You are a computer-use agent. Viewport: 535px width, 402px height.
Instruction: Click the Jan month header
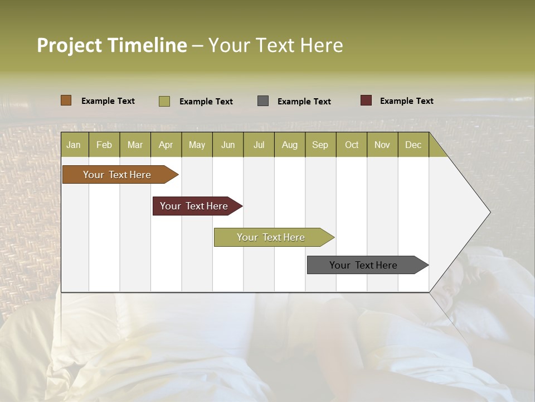point(74,145)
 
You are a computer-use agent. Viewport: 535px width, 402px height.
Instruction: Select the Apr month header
point(166,145)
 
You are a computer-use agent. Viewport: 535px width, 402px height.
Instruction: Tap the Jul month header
point(259,145)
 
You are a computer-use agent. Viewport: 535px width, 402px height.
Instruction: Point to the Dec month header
point(413,145)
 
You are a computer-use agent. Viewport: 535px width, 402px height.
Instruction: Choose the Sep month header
point(320,145)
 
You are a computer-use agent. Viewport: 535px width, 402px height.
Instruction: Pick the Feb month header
point(104,145)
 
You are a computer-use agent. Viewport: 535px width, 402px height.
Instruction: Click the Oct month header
point(352,145)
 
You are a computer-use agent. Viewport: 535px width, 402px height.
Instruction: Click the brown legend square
point(66,100)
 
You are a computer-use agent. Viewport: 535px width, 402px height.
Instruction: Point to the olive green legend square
point(164,101)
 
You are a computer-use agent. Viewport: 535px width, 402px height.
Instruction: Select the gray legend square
point(263,101)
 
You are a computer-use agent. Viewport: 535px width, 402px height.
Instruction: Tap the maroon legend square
point(366,100)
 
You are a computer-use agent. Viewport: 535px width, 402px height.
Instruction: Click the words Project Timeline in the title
point(111,45)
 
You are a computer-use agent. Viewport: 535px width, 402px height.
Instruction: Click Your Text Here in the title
point(275,45)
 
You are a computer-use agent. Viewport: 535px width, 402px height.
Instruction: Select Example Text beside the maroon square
point(406,101)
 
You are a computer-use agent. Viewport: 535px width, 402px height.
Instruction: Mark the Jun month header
point(228,145)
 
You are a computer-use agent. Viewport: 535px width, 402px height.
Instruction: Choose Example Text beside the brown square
point(108,101)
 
